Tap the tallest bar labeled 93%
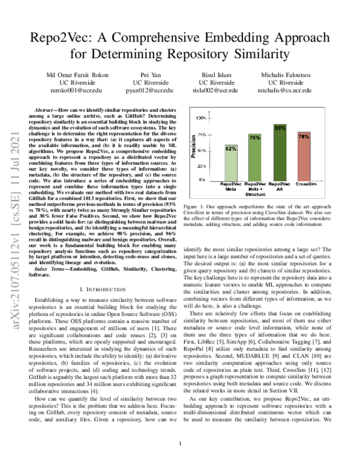coord(280,151)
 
